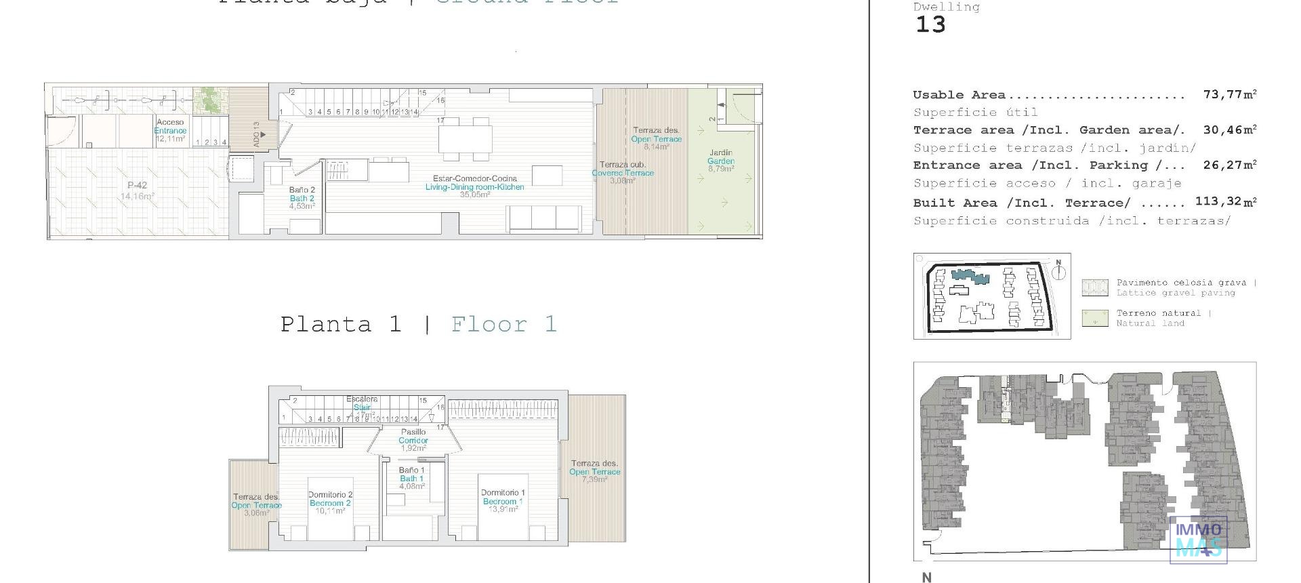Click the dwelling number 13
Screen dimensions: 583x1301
pos(930,25)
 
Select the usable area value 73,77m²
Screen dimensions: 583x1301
pos(1229,94)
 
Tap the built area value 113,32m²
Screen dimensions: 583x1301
pos(1226,201)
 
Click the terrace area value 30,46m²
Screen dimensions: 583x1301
pos(1229,129)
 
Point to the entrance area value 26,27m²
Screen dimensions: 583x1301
pos(1229,165)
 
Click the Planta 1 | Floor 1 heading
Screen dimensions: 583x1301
pos(419,324)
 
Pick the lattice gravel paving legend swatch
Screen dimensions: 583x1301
pos(1095,287)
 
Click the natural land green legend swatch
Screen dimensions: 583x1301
pos(1095,318)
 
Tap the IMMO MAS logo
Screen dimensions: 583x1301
pos(1199,540)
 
